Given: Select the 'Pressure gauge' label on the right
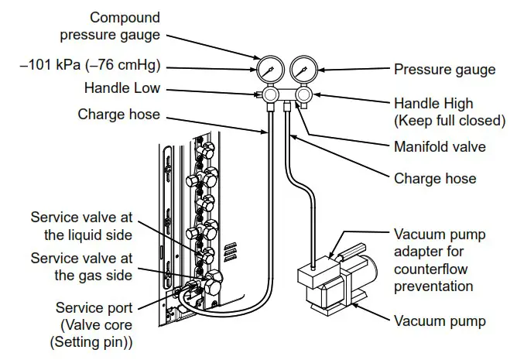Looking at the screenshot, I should (x=444, y=70).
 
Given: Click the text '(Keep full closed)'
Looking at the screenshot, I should (x=450, y=120).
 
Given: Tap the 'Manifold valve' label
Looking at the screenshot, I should (x=440, y=146).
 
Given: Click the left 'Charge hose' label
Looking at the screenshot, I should (x=118, y=114).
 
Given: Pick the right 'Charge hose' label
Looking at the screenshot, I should (x=435, y=178).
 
